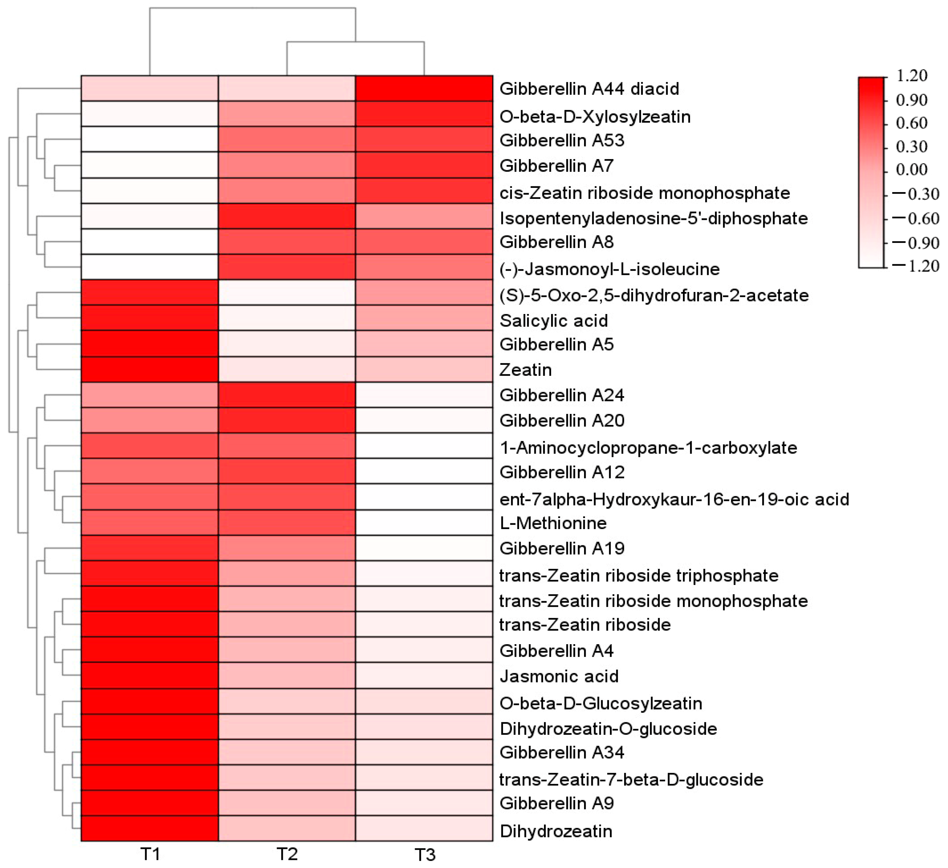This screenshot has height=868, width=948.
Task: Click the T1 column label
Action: (x=150, y=854)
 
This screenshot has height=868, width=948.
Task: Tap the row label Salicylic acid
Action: (x=553, y=321)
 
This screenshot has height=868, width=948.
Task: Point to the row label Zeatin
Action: (x=525, y=370)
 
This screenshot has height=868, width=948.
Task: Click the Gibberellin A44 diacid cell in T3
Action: (x=424, y=88)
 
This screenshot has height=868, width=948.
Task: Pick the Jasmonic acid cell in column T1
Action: (x=150, y=676)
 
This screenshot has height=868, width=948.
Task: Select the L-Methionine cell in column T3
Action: (x=424, y=523)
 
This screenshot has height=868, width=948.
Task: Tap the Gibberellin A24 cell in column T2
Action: (x=287, y=395)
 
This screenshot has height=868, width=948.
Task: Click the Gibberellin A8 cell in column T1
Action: (x=150, y=242)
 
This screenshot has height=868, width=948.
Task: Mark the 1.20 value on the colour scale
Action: (x=911, y=75)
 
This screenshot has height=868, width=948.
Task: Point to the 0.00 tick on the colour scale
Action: (x=911, y=169)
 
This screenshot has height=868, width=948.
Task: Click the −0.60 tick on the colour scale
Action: (x=916, y=218)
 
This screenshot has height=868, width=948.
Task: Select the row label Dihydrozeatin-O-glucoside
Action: (x=608, y=729)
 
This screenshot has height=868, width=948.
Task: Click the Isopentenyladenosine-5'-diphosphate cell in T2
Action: (x=287, y=216)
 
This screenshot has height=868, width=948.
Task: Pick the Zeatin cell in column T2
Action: (x=287, y=370)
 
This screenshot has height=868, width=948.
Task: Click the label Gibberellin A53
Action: (x=561, y=140)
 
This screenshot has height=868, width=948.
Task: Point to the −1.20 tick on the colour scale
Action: (x=916, y=266)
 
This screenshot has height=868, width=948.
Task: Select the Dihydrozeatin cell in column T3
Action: (x=424, y=831)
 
